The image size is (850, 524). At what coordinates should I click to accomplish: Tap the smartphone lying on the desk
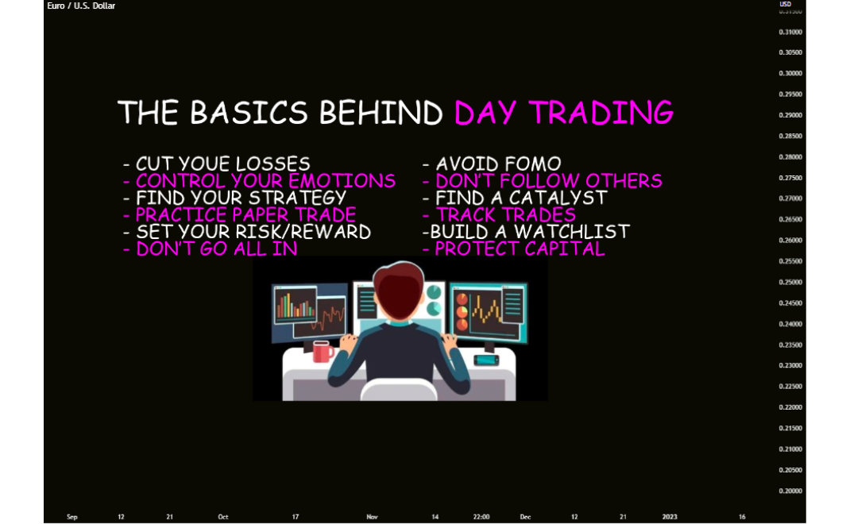(485, 360)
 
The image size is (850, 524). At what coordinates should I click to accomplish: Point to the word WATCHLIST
(572, 232)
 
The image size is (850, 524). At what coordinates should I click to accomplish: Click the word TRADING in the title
(601, 113)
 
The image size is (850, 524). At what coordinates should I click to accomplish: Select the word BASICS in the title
(249, 113)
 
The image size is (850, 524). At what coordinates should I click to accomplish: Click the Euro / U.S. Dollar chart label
(81, 6)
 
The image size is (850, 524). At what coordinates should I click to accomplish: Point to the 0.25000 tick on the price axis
(790, 283)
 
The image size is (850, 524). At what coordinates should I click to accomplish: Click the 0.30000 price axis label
(790, 74)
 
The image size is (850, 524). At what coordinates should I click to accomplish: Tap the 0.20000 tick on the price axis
(790, 491)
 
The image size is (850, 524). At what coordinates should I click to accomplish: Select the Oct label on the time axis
(222, 517)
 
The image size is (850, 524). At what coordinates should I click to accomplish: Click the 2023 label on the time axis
(670, 517)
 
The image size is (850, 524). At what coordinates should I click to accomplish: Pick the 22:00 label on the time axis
(481, 517)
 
